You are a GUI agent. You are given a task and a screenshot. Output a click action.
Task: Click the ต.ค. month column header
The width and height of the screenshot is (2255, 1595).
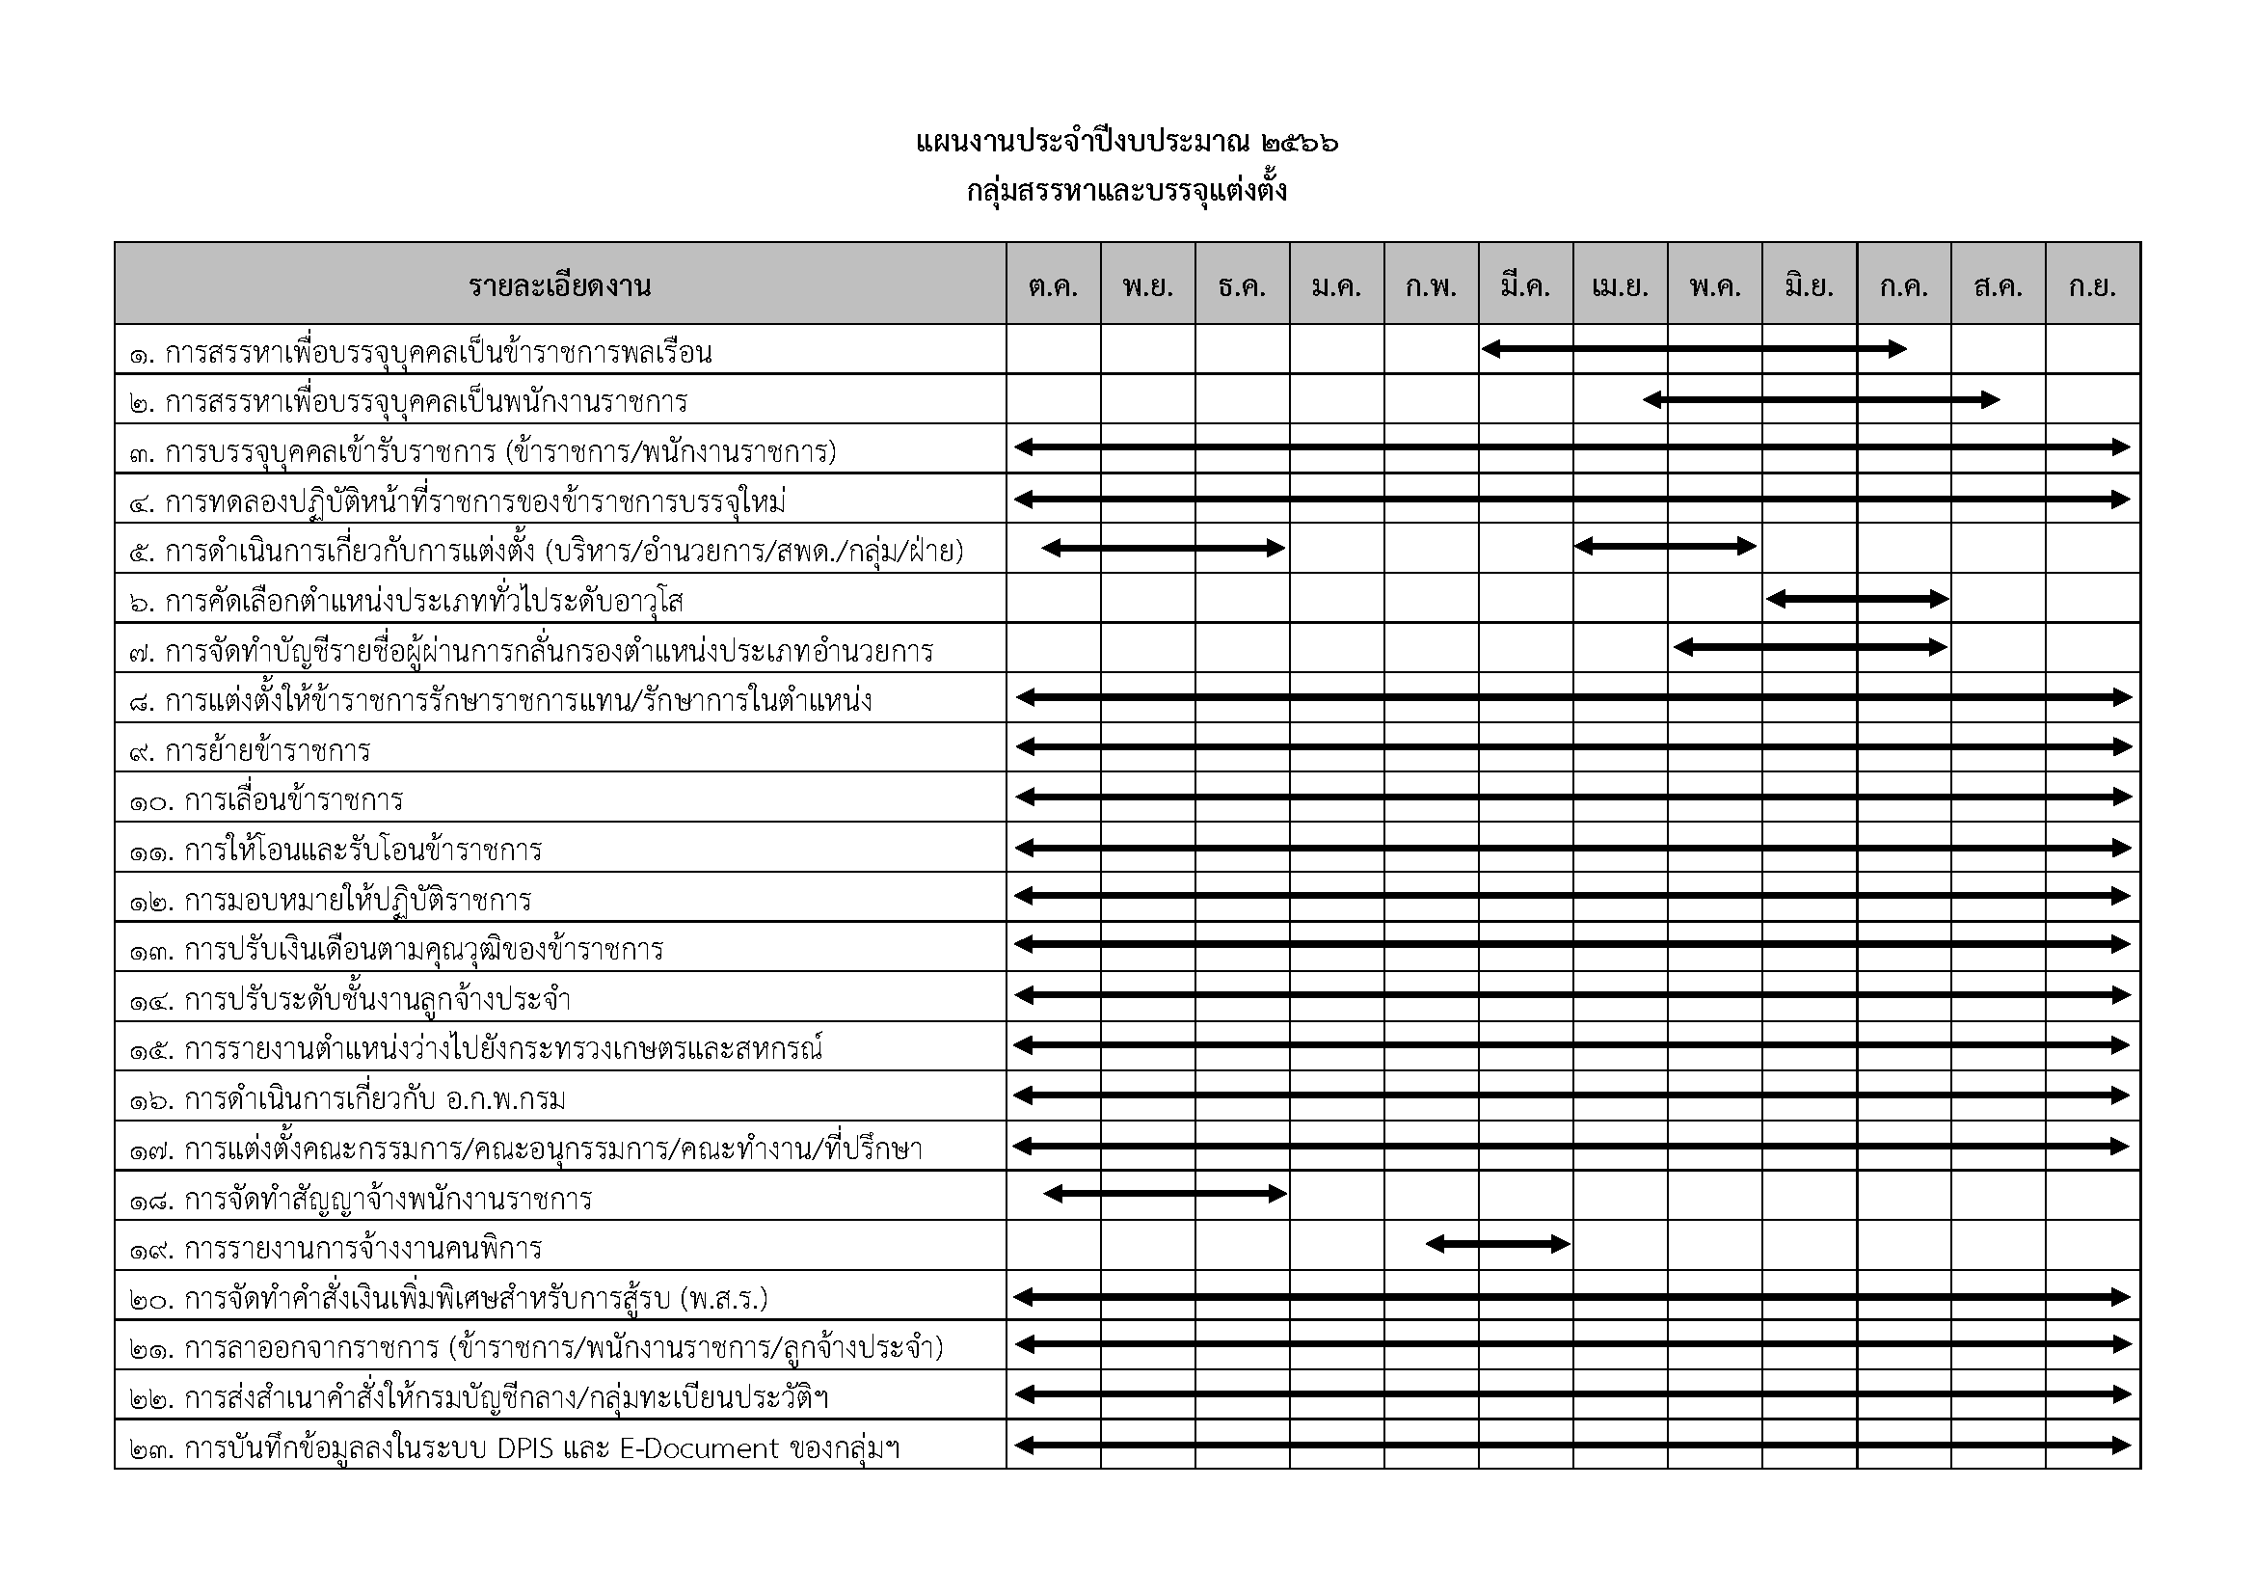pos(1053,285)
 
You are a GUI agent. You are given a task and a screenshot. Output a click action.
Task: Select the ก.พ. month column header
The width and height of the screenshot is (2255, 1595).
pos(1431,285)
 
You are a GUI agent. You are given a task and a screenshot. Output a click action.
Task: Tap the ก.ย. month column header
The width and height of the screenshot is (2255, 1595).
pos(2092,285)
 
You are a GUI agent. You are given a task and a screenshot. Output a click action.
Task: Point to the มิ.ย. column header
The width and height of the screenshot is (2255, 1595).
pos(1809,285)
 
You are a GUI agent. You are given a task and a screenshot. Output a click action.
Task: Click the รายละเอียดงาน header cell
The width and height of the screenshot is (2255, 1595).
pos(560,285)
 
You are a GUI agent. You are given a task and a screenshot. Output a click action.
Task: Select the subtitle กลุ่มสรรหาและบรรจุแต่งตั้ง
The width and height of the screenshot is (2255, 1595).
pos(1126,191)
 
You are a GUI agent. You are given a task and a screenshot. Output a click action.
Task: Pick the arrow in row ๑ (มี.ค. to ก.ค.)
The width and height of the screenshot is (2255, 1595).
pos(1694,349)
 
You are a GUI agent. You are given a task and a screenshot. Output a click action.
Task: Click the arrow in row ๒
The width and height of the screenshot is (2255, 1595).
pos(1821,400)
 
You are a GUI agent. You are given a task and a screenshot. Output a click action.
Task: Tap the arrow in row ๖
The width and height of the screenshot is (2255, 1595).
pos(1857,598)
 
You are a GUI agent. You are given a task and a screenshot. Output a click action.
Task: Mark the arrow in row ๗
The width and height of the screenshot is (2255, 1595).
pos(1811,647)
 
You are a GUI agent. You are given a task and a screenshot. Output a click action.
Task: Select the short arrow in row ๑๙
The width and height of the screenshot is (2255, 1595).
pos(1498,1244)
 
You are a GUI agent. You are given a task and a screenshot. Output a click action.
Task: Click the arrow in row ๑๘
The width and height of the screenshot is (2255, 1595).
pos(1165,1194)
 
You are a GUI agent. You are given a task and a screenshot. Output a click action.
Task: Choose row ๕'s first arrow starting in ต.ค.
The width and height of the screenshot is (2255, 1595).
pos(1163,548)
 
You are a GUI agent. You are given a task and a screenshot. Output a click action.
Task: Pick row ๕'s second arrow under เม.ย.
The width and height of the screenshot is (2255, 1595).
pos(1665,546)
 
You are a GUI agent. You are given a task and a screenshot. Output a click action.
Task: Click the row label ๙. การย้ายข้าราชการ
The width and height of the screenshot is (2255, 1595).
pos(250,751)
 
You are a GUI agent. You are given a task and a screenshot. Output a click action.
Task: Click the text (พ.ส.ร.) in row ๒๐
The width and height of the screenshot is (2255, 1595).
pos(724,1299)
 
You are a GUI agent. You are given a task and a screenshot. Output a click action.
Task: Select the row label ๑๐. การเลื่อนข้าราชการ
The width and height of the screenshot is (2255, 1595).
pos(266,800)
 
